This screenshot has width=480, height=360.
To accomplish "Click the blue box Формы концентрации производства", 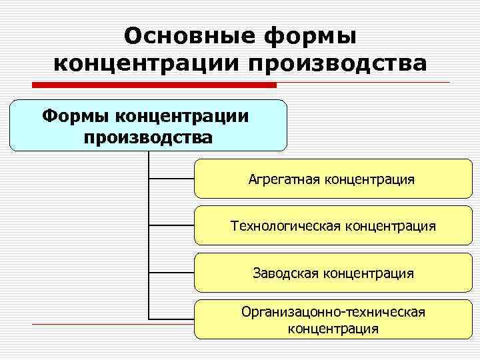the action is coord(148,126).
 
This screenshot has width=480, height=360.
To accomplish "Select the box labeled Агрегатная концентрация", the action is coord(331,179).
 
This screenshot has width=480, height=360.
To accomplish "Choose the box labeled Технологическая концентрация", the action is coord(331,226).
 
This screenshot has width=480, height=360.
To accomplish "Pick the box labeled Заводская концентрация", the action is coord(331,273).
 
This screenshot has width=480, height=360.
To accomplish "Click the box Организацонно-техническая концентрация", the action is coord(331,320).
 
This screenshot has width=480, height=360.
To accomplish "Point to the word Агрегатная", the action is coord(285,179).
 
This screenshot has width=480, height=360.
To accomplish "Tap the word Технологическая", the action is coord(285,226).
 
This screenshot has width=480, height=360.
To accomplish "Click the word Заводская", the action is coord(285,273).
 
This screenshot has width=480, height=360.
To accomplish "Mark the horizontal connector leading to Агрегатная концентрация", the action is coord(171,179).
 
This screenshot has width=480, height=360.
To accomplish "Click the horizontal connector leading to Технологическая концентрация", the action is coord(171,226).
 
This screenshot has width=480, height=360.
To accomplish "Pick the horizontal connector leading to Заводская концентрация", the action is coord(171,273).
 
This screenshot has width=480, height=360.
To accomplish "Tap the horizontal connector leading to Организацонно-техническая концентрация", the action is coord(171,319).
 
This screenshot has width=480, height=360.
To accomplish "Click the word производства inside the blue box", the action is coord(148,137).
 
